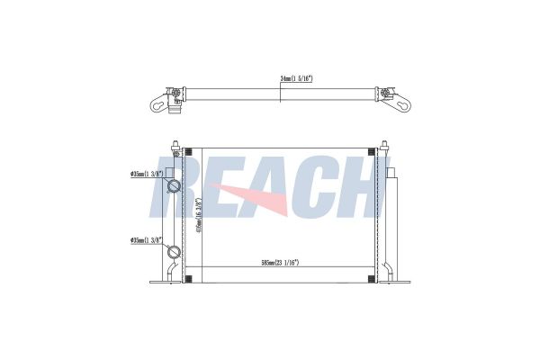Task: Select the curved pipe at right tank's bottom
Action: tap(388, 270)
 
